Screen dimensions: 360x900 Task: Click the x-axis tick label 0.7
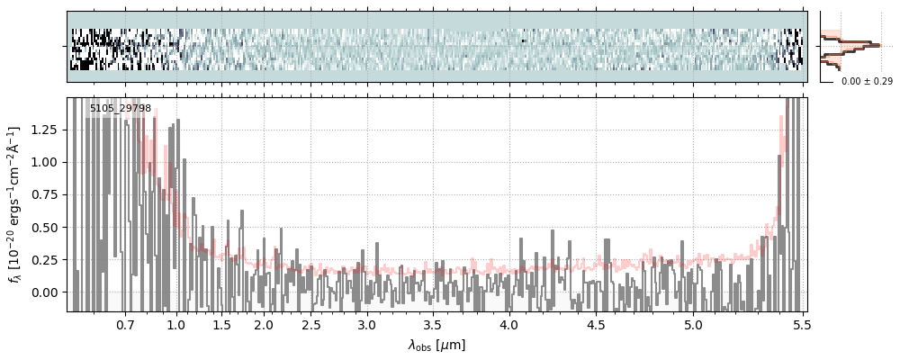tap(125, 324)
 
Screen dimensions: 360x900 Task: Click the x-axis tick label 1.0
tap(175, 324)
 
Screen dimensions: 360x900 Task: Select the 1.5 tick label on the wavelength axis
tap(221, 324)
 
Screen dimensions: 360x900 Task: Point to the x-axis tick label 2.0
tap(264, 324)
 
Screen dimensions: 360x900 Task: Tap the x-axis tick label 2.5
tap(311, 324)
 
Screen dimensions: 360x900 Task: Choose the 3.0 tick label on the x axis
tap(366, 324)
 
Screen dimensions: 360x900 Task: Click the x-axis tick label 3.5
tap(433, 324)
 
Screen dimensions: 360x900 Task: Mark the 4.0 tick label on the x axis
tap(509, 324)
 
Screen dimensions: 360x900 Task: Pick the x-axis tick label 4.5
tap(598, 324)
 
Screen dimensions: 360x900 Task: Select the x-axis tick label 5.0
tap(694, 324)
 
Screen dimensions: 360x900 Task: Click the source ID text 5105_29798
tap(121, 109)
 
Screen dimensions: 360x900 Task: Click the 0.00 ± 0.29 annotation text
tap(867, 82)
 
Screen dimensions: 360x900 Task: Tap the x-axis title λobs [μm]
tap(436, 345)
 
